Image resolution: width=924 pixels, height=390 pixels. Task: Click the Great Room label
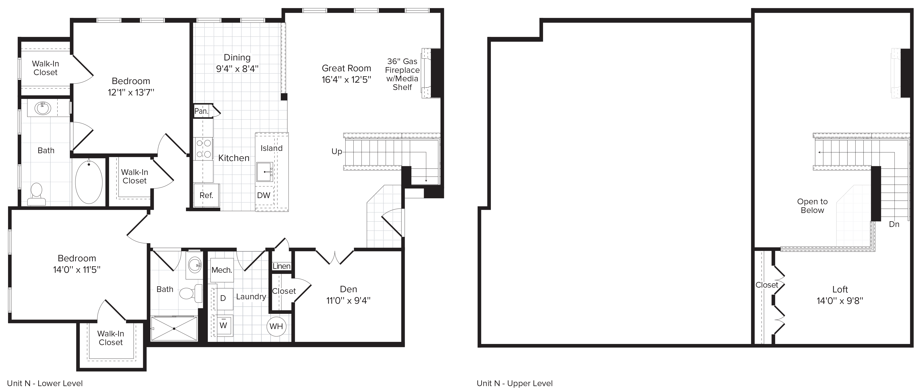tap(346, 68)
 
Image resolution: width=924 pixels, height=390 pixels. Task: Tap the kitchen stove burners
tap(204, 149)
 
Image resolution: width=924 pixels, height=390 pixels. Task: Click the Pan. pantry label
tap(201, 111)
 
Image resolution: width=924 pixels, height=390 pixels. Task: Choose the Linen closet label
tap(282, 266)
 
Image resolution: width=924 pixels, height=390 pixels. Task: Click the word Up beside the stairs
tap(336, 152)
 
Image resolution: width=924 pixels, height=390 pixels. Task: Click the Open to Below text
tap(812, 206)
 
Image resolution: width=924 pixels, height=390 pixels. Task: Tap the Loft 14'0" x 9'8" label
tap(840, 295)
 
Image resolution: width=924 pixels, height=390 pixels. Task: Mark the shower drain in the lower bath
tap(174, 329)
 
